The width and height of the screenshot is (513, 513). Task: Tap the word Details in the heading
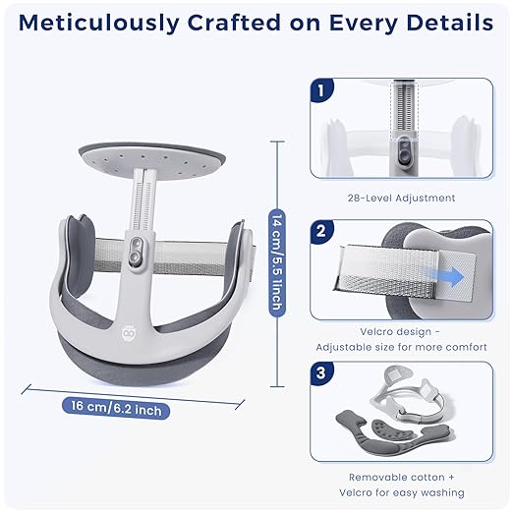click(449, 23)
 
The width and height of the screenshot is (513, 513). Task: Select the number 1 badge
click(321, 90)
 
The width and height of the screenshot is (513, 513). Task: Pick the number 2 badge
click(321, 231)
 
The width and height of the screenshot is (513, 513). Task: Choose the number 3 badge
click(321, 373)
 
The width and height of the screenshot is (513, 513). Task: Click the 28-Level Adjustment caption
click(401, 198)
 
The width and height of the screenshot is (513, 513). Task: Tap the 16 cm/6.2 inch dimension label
click(116, 408)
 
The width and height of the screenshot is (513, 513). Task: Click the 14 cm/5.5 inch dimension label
click(277, 263)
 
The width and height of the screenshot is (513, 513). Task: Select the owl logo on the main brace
click(129, 333)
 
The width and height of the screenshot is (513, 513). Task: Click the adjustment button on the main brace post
click(136, 251)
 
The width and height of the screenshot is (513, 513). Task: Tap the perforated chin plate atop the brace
click(152, 159)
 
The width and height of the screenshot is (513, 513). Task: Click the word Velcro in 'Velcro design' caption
click(376, 332)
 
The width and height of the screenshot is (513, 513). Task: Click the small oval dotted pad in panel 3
click(394, 430)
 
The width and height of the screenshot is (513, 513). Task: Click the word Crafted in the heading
click(234, 23)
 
